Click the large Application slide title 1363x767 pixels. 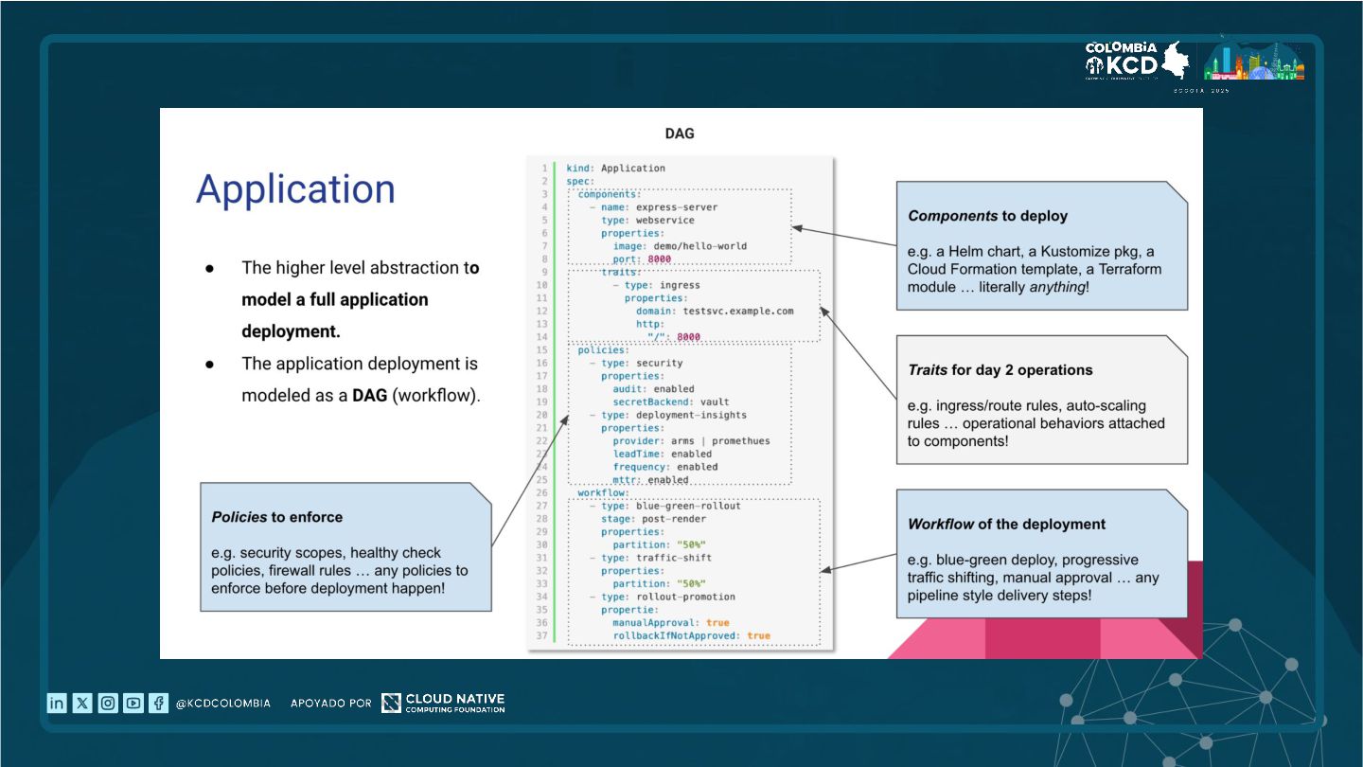point(295,189)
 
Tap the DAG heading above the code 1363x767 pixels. point(680,134)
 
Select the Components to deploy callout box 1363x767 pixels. point(1041,246)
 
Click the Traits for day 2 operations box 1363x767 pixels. point(1041,400)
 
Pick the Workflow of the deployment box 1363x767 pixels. point(1041,554)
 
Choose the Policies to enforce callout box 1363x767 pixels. point(345,546)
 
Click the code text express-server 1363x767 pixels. point(677,207)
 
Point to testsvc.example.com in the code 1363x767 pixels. point(738,311)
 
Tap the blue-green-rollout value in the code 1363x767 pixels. point(688,506)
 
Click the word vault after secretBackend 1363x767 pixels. point(715,401)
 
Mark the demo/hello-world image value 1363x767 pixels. point(699,246)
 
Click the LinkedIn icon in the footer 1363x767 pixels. point(57,703)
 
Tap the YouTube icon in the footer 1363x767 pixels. point(133,703)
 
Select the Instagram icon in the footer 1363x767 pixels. point(108,703)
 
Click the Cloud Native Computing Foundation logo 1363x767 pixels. point(443,703)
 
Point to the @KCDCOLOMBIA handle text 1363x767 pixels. point(223,704)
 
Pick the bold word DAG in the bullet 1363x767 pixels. point(370,396)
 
